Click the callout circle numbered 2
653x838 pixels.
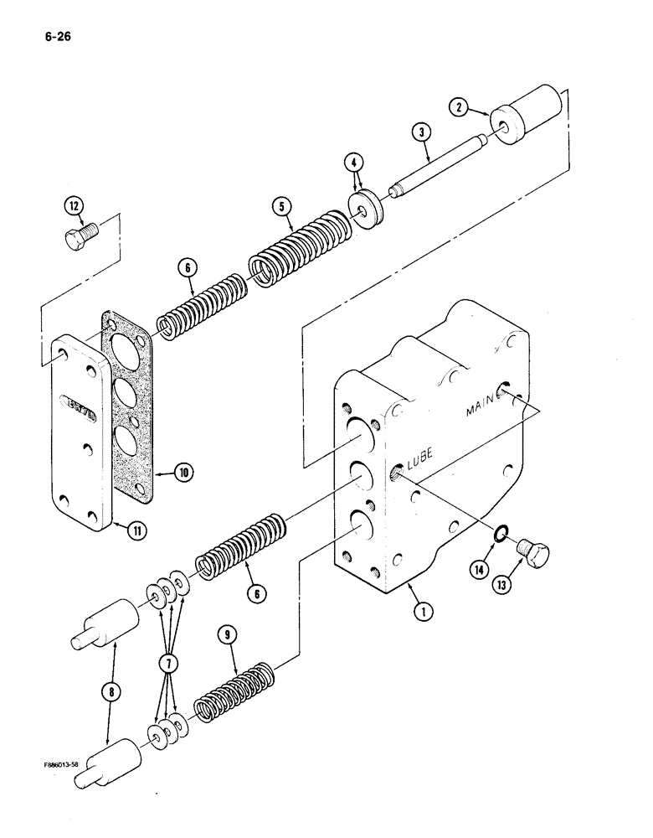click(457, 106)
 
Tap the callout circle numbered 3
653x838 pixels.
click(421, 132)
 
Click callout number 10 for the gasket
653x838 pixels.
click(183, 472)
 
